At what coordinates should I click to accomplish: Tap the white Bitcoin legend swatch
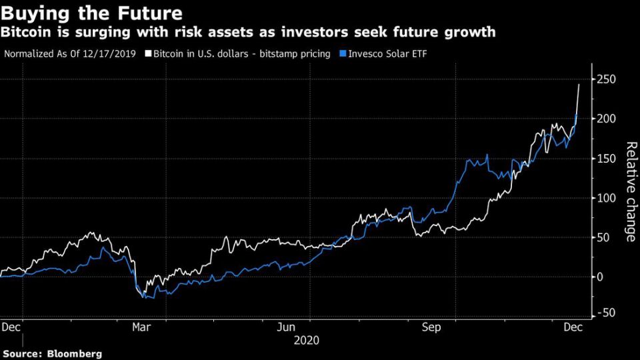[149, 53]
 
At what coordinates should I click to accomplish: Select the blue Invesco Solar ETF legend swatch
[343, 53]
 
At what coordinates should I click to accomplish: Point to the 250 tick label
[606, 80]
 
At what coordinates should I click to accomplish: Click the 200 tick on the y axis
[606, 119]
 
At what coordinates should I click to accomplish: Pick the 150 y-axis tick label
[606, 159]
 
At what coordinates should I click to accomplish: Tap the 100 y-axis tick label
[606, 198]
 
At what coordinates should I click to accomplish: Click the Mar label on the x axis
[141, 327]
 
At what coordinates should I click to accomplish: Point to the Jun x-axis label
[286, 327]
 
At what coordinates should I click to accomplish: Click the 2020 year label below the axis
[307, 341]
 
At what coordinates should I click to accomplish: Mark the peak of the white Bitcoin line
[579, 85]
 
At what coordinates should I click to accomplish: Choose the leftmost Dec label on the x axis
[11, 327]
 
